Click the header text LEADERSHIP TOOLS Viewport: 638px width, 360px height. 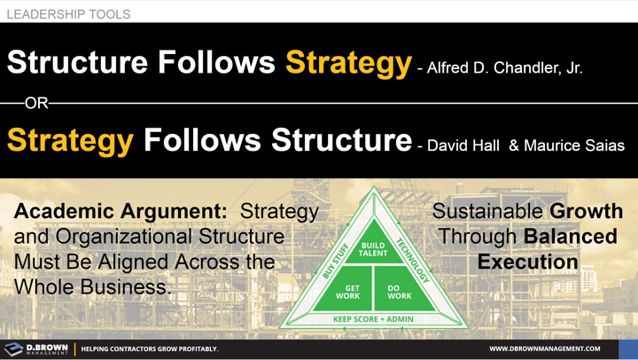(68, 14)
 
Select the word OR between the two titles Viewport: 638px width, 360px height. (36, 104)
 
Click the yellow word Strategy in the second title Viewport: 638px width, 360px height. (71, 140)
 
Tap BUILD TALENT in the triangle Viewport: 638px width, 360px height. (373, 249)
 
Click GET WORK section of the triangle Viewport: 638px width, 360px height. (347, 292)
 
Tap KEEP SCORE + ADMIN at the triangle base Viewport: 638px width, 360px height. (373, 318)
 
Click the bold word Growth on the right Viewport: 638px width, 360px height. (586, 212)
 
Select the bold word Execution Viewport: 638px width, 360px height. (527, 262)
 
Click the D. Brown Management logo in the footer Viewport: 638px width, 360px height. (36, 348)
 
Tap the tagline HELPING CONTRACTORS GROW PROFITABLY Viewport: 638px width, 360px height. (150, 349)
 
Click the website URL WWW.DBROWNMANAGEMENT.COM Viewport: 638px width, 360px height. (544, 349)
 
